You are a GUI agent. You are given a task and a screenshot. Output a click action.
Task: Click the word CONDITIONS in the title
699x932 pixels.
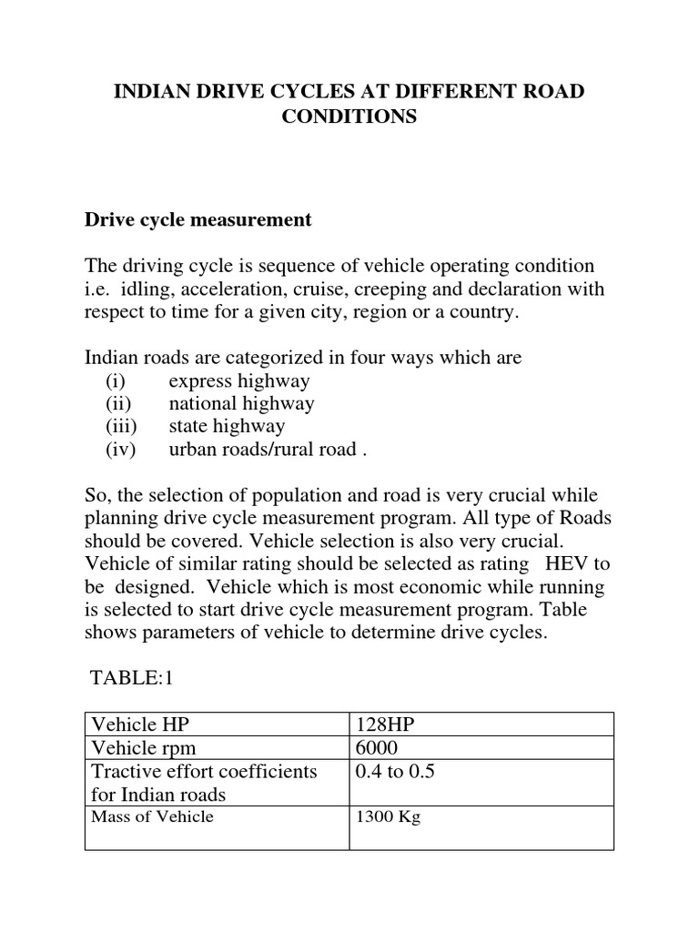coord(349,117)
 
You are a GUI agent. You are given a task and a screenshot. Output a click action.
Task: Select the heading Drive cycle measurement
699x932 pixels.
coord(198,219)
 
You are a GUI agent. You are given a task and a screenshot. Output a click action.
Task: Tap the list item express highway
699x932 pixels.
coord(238,380)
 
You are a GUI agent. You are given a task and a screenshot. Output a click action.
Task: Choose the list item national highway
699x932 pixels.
coord(241,403)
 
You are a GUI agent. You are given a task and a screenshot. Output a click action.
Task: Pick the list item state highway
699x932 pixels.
coord(227,426)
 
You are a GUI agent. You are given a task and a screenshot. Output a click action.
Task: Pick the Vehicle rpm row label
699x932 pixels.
coord(145,748)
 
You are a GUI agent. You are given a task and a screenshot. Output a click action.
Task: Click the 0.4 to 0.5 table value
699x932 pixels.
coord(396,772)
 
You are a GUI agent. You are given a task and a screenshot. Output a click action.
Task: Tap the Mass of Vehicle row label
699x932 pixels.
coord(153,816)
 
